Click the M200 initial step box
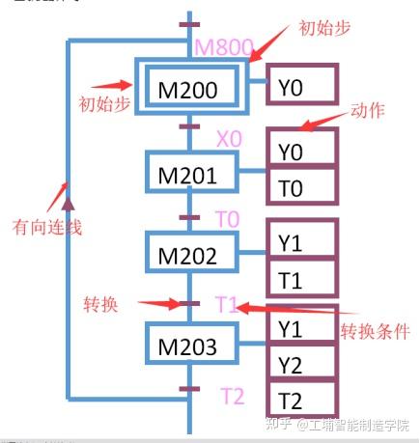(188, 90)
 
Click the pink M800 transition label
(225, 46)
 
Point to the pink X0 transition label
(229, 139)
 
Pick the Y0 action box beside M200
(302, 89)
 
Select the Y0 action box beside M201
(302, 152)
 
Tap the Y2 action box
(302, 364)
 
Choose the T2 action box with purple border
(302, 400)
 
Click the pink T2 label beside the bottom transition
(232, 397)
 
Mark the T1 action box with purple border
(302, 279)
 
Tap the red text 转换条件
(375, 331)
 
